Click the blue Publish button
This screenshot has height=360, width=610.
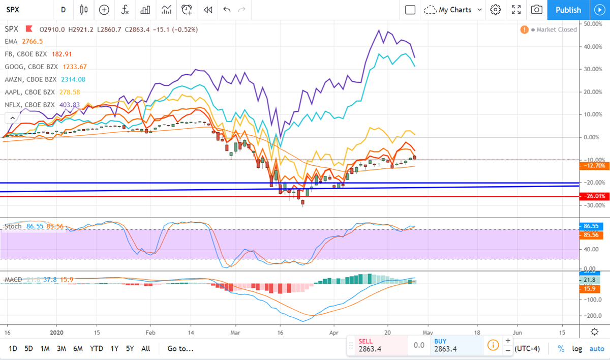pyautogui.click(x=568, y=10)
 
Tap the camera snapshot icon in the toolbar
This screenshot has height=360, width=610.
pyautogui.click(x=536, y=10)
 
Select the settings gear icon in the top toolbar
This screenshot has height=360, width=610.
pyautogui.click(x=496, y=10)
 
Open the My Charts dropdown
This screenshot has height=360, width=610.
pyautogui.click(x=453, y=10)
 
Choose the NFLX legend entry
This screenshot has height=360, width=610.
pyautogui.click(x=29, y=105)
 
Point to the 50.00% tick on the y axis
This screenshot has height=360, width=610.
pyautogui.click(x=593, y=24)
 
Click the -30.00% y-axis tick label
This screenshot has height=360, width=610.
pyautogui.click(x=593, y=205)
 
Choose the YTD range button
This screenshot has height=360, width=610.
pyautogui.click(x=96, y=349)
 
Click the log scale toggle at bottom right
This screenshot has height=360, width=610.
pyautogui.click(x=577, y=349)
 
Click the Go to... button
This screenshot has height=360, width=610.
pyautogui.click(x=180, y=349)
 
